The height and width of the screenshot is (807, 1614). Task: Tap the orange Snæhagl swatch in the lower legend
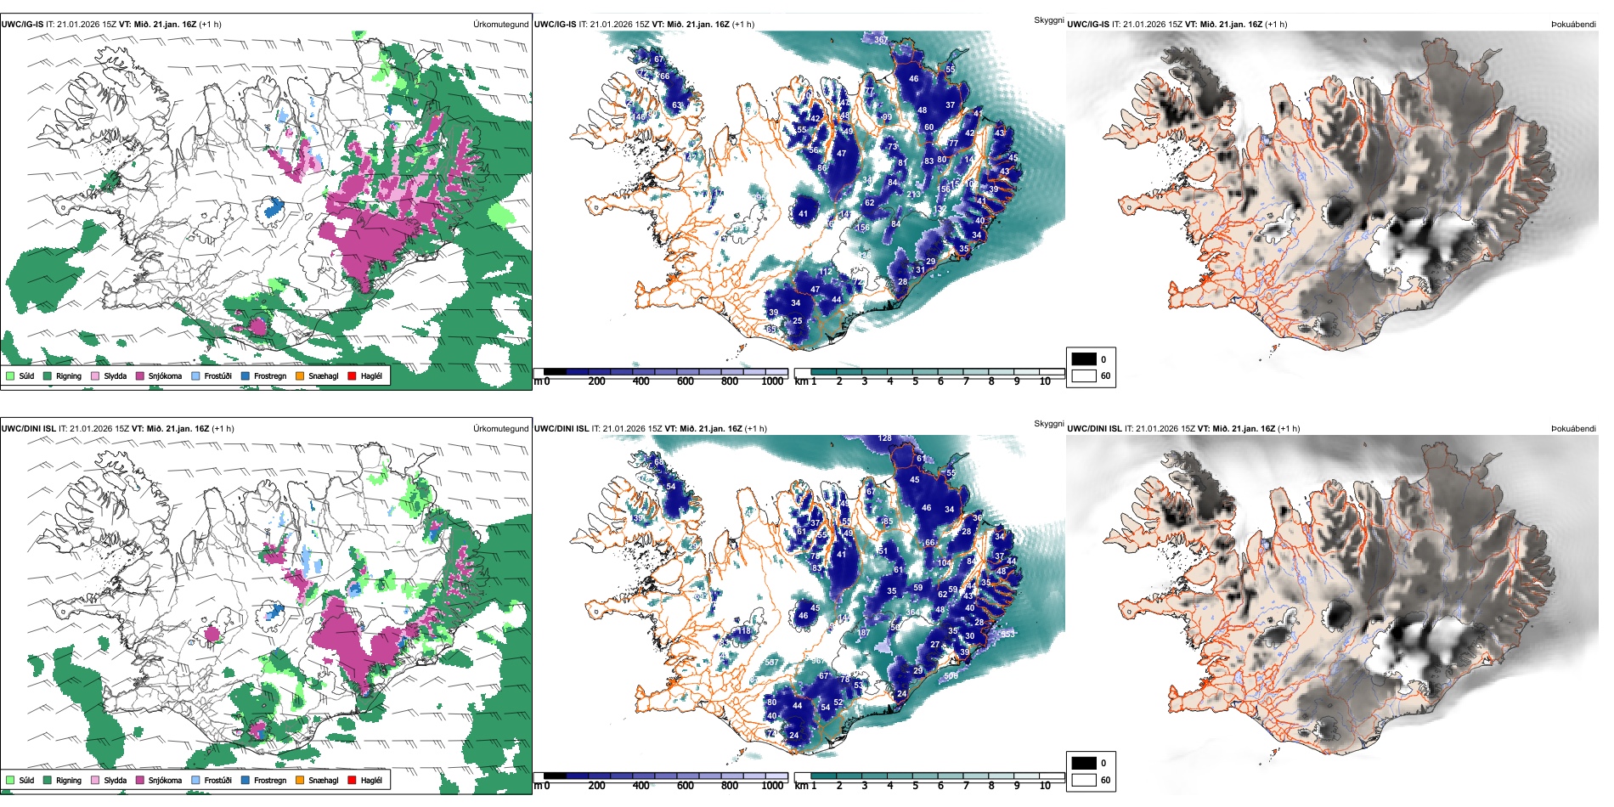(x=300, y=780)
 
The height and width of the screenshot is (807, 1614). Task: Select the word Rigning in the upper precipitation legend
(x=69, y=375)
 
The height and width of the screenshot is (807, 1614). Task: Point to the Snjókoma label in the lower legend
(x=165, y=780)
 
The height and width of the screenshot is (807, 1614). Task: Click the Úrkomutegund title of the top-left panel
(x=500, y=24)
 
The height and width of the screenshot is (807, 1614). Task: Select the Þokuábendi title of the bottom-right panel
(x=1573, y=428)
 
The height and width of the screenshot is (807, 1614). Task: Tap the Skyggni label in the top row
(x=1048, y=20)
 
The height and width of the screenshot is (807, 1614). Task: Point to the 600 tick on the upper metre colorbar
(x=686, y=381)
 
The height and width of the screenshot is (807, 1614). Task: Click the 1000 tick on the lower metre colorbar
(x=772, y=786)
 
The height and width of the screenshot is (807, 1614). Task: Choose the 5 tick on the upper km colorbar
(x=916, y=381)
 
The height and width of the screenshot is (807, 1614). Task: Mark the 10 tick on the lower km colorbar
(x=1045, y=786)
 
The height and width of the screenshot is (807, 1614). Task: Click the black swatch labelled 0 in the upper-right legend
(x=1084, y=359)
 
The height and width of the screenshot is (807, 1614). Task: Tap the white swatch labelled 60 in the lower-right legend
(x=1084, y=780)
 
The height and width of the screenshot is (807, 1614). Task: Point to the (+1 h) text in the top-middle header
(x=743, y=24)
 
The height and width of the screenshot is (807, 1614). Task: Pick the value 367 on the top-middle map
(x=881, y=40)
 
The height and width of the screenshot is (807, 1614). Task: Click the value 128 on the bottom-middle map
(x=885, y=438)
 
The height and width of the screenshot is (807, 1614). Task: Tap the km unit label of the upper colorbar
(x=801, y=381)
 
